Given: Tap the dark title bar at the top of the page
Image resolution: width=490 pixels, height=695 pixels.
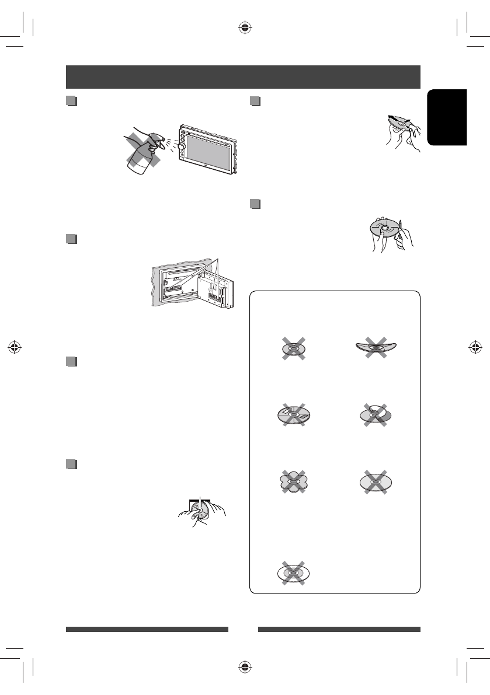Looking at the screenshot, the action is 243,76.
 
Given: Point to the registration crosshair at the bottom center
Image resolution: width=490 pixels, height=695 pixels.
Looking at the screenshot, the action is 245,667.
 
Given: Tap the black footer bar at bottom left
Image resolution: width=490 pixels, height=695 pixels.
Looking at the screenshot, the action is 147,630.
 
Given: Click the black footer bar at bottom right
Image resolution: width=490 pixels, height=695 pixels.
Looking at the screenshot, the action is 339,630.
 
